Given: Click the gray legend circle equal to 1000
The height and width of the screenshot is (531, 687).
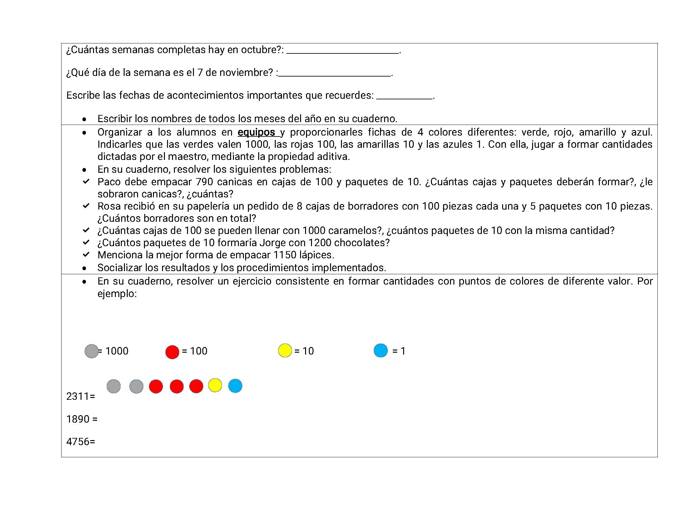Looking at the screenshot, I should point(91,351).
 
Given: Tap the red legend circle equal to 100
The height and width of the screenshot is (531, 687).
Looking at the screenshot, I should point(172,352).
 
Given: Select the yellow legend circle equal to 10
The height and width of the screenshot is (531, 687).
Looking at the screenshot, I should point(285,350).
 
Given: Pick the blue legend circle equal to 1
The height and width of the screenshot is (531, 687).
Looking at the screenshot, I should point(381,350).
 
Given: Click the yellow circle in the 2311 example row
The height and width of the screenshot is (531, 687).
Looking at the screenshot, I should point(215,385).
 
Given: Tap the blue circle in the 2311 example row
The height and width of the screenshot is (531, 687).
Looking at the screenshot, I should point(235,386).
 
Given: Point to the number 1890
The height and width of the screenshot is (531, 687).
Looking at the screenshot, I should point(78,419).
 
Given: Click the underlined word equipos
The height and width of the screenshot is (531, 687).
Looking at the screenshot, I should point(256,132).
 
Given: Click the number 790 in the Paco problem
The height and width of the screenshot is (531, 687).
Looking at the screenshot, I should point(205,182).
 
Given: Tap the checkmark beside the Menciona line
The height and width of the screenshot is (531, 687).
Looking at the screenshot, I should point(86,255).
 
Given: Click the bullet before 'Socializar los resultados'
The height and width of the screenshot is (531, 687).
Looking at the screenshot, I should point(84,268).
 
